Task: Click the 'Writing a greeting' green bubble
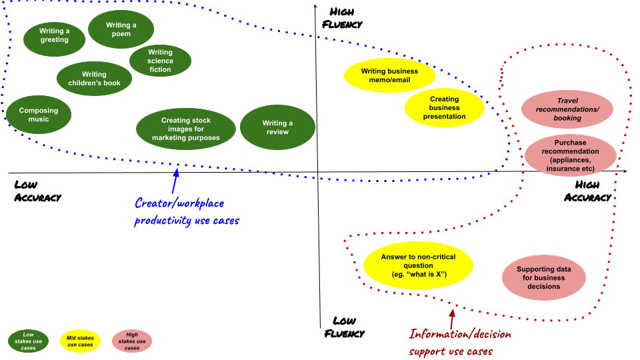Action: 54,35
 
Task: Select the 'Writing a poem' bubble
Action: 121,30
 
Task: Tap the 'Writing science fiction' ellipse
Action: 160,61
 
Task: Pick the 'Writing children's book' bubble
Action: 94,79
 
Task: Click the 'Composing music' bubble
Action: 38,115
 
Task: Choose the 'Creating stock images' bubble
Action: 185,129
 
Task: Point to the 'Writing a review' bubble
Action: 277,127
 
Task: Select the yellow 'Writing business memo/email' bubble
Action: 389,75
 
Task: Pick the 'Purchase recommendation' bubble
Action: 570,155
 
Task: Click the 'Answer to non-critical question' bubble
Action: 418,265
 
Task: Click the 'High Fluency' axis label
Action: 342,18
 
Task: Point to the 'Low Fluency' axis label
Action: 344,327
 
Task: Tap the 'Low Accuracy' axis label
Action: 37,191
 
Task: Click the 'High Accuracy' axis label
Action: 587,191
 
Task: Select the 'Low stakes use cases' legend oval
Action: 28,341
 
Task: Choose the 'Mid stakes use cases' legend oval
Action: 81,341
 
